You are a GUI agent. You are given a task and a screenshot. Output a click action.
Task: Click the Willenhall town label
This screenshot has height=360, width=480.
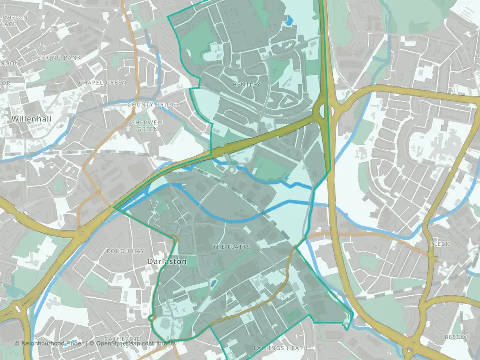click(32, 119)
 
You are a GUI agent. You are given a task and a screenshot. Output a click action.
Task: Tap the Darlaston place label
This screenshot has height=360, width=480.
click(167, 261)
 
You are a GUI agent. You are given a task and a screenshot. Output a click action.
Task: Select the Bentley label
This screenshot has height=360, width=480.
click(246, 85)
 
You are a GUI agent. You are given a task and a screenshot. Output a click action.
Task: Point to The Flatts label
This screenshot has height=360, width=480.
click(231, 247)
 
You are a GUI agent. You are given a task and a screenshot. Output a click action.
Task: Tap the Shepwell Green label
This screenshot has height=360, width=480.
click(144, 125)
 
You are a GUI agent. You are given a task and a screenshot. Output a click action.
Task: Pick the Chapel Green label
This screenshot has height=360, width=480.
click(102, 82)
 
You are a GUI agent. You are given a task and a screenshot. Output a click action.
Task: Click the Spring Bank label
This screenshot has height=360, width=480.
click(59, 58)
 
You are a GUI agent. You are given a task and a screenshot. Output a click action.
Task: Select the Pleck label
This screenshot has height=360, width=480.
click(440, 244)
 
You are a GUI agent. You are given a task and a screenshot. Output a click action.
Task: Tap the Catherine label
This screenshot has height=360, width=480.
click(123, 339)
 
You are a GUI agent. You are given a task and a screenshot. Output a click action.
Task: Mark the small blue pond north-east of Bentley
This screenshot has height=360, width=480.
click(289, 20)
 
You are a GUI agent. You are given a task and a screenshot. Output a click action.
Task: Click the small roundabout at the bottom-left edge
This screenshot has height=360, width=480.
click(18, 308)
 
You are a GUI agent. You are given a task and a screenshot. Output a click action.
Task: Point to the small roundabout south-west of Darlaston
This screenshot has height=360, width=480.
click(152, 318)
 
